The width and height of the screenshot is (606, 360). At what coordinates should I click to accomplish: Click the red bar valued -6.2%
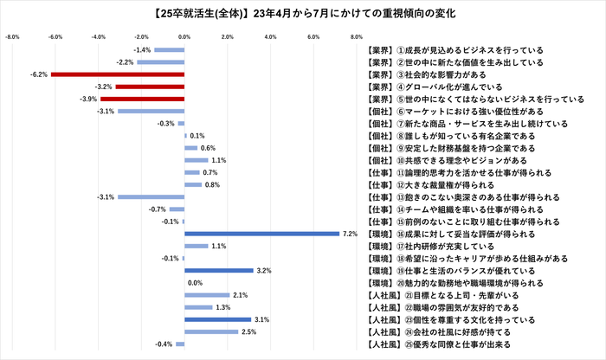pyautogui.click(x=118, y=74)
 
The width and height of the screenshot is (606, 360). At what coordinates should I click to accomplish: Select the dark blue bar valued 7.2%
pyautogui.click(x=262, y=234)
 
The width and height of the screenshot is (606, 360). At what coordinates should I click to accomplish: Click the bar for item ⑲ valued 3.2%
pyautogui.click(x=219, y=271)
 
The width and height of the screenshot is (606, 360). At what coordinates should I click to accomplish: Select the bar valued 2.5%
pyautogui.click(x=211, y=331)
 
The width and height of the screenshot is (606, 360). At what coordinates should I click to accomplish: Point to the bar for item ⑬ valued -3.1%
pyautogui.click(x=151, y=197)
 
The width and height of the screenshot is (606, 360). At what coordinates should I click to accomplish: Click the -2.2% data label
pyautogui.click(x=123, y=62)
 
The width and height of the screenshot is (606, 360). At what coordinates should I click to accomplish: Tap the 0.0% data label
pyautogui.click(x=195, y=283)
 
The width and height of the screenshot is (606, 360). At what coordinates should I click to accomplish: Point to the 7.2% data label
pyautogui.click(x=350, y=234)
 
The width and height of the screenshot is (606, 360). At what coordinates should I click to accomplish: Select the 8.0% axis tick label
pyautogui.click(x=356, y=37)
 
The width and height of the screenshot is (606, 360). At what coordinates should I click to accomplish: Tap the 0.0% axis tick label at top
pyautogui.click(x=184, y=37)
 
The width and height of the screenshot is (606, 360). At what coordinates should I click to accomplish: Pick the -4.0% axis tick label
pyautogui.click(x=98, y=37)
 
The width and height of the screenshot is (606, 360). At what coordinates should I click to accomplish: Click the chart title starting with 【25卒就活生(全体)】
pyautogui.click(x=303, y=14)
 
